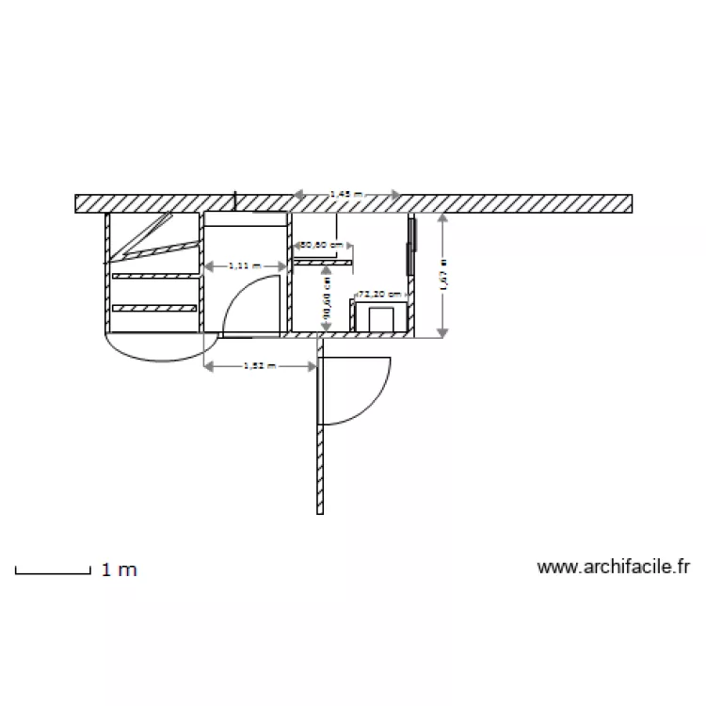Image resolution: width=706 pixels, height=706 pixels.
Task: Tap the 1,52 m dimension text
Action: [x=259, y=365]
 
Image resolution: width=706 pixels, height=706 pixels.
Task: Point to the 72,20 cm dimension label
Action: [x=381, y=294]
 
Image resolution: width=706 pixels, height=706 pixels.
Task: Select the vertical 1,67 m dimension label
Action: [x=443, y=273]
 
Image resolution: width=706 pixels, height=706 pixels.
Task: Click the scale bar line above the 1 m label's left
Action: [x=52, y=571]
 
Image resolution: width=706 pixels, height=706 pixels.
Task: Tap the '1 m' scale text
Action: [x=119, y=570]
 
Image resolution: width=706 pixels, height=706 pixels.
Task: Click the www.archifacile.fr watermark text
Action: [x=614, y=567]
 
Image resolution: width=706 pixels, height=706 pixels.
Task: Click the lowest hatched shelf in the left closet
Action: [x=154, y=308]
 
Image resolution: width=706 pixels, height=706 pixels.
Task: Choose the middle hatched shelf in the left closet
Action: [x=154, y=275]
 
